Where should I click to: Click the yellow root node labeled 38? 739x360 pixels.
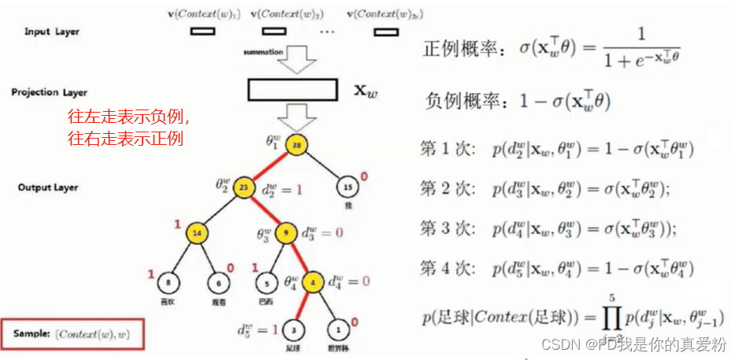(x=297, y=147)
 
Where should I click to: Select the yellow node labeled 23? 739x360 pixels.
(x=244, y=187)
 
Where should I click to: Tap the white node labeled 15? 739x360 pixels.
(x=348, y=187)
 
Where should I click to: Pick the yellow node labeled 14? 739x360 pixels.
(x=197, y=234)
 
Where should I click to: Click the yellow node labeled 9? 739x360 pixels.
(x=286, y=234)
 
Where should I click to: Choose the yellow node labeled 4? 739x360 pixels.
(x=313, y=280)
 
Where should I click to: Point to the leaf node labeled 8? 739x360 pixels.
(x=168, y=281)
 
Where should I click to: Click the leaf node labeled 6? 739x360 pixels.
(x=217, y=281)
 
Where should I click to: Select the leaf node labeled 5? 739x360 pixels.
(x=268, y=281)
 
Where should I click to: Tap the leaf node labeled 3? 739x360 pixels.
(x=292, y=328)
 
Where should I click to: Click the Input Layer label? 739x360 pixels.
(x=52, y=32)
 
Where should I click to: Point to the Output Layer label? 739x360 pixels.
(x=49, y=187)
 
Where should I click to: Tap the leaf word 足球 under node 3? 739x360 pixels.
(x=292, y=346)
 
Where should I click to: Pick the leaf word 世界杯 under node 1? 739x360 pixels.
(x=340, y=346)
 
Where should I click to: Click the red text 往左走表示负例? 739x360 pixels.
(x=128, y=117)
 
